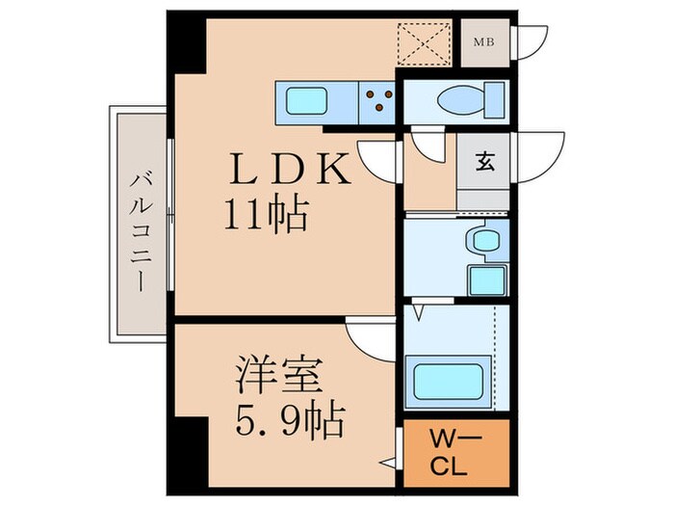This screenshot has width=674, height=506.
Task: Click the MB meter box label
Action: coord(483,42)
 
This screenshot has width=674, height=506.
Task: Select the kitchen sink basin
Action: coord(305,101)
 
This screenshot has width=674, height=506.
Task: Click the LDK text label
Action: coord(291,169)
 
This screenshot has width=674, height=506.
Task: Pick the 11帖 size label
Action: coord(267,215)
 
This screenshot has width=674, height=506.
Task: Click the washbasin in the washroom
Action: coord(485,240)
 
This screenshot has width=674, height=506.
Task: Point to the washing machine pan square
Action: coord(487,280)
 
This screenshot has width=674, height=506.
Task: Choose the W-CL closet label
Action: coord(450,454)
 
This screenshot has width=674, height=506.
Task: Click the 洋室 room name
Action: coord(280,374)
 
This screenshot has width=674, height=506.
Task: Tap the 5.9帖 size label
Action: coord(290,420)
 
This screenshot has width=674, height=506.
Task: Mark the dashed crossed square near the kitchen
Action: coord(424,44)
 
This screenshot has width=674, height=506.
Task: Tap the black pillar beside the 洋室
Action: coord(193,454)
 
